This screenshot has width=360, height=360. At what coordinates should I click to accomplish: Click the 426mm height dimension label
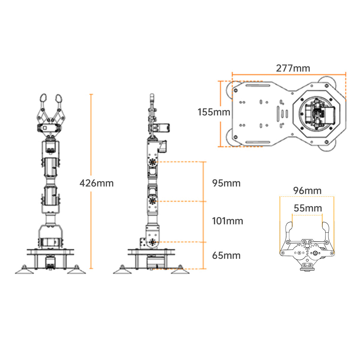click(x=97, y=183)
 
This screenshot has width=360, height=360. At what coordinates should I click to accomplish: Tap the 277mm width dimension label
click(x=293, y=68)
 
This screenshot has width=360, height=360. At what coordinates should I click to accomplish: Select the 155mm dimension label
click(x=214, y=112)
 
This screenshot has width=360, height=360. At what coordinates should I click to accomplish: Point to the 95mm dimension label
click(x=226, y=183)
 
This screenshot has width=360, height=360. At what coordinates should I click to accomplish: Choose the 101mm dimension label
click(x=227, y=221)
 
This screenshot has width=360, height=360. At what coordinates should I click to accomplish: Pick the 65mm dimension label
click(x=226, y=256)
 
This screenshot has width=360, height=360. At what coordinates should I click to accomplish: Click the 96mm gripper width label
click(x=307, y=190)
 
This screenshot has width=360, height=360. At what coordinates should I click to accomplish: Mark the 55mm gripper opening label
click(x=308, y=208)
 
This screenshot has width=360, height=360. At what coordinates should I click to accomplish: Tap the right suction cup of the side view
click(x=180, y=270)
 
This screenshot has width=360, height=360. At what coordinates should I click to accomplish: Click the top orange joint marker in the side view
click(x=153, y=162)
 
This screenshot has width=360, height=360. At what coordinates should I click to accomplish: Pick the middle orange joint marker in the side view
click(x=153, y=201)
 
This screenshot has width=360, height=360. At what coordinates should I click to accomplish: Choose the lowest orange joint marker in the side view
click(x=153, y=242)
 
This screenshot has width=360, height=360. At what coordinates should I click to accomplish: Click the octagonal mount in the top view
click(x=318, y=114)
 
